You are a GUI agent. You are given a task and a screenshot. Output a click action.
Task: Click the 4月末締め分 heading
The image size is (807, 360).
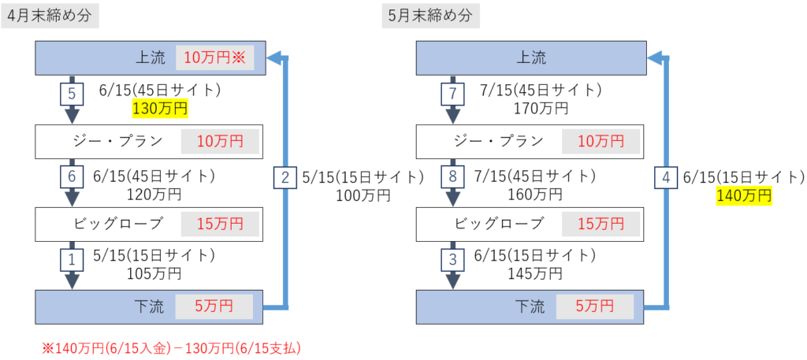(x=50, y=15)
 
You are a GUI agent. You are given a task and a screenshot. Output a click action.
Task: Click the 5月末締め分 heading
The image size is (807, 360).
(x=432, y=15)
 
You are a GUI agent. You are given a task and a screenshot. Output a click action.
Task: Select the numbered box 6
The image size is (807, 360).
(x=72, y=177)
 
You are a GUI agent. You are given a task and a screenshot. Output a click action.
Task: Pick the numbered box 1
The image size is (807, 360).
(x=72, y=257)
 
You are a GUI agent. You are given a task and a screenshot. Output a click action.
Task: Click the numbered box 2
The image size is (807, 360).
(x=285, y=177)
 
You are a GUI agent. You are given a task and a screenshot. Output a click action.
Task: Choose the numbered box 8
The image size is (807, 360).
(x=452, y=177)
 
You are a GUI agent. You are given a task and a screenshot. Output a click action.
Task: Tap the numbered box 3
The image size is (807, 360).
(x=452, y=257)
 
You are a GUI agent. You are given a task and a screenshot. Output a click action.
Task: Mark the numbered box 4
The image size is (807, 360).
(x=666, y=178)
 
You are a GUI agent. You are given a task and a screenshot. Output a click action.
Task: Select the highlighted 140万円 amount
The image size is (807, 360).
(x=743, y=195)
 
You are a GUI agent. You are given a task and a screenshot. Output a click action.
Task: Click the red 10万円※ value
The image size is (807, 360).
(x=215, y=58)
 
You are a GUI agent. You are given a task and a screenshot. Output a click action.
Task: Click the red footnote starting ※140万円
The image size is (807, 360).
(x=173, y=347)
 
